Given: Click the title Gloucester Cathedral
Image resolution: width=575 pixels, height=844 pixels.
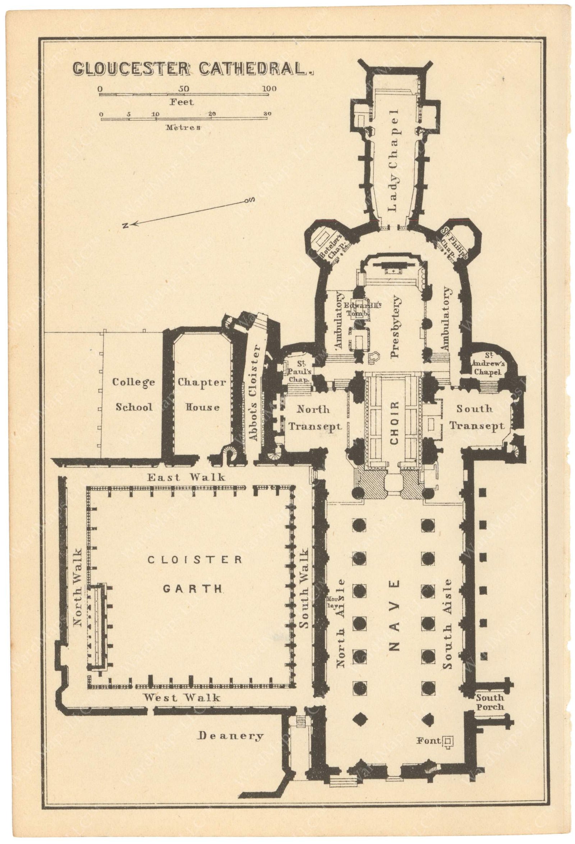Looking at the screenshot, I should tap(193, 69).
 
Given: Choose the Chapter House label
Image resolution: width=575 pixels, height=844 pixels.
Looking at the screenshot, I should tap(202, 395).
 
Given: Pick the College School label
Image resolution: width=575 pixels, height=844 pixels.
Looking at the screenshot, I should tap(134, 395).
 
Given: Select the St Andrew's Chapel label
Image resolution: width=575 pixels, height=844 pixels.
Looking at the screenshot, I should tap(487, 364).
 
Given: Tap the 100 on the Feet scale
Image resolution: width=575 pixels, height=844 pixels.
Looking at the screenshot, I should tap(269, 89).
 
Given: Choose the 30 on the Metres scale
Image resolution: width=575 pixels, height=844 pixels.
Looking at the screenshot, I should tap(267, 114).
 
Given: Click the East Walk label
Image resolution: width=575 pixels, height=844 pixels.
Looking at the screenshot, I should tap(186, 477).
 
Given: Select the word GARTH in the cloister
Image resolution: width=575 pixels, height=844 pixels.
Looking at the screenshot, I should tap(192, 589).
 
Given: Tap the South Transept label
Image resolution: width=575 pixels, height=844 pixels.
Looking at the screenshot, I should tap(476, 417).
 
